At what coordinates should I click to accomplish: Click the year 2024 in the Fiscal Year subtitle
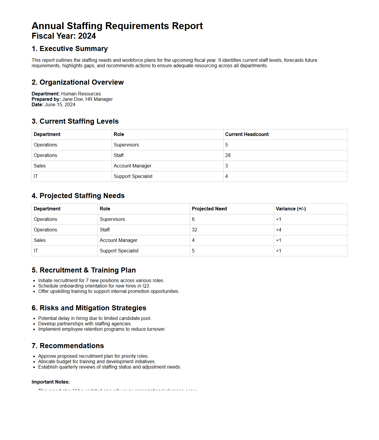[87, 36]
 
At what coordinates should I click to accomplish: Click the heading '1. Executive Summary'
[70, 49]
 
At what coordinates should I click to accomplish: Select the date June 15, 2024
[60, 105]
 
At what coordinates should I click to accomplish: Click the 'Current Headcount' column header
[247, 134]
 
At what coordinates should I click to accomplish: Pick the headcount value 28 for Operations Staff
[228, 155]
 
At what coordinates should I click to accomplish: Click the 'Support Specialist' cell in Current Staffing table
[133, 176]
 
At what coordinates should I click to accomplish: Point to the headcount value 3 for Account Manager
[227, 166]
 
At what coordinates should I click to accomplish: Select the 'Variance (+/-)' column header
[290, 209]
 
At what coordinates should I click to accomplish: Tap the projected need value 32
[194, 230]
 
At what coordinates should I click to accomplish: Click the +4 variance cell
[278, 230]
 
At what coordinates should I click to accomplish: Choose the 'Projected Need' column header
[209, 209]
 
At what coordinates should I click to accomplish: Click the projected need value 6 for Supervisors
[193, 219]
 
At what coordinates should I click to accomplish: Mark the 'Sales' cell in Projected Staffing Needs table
[40, 240]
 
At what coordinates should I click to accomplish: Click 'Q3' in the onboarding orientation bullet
[146, 286]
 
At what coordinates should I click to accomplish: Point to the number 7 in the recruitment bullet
[87, 281]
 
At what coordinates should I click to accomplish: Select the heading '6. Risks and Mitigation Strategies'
[89, 308]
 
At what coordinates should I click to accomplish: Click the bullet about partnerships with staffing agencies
[85, 324]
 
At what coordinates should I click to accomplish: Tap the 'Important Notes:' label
[51, 382]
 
